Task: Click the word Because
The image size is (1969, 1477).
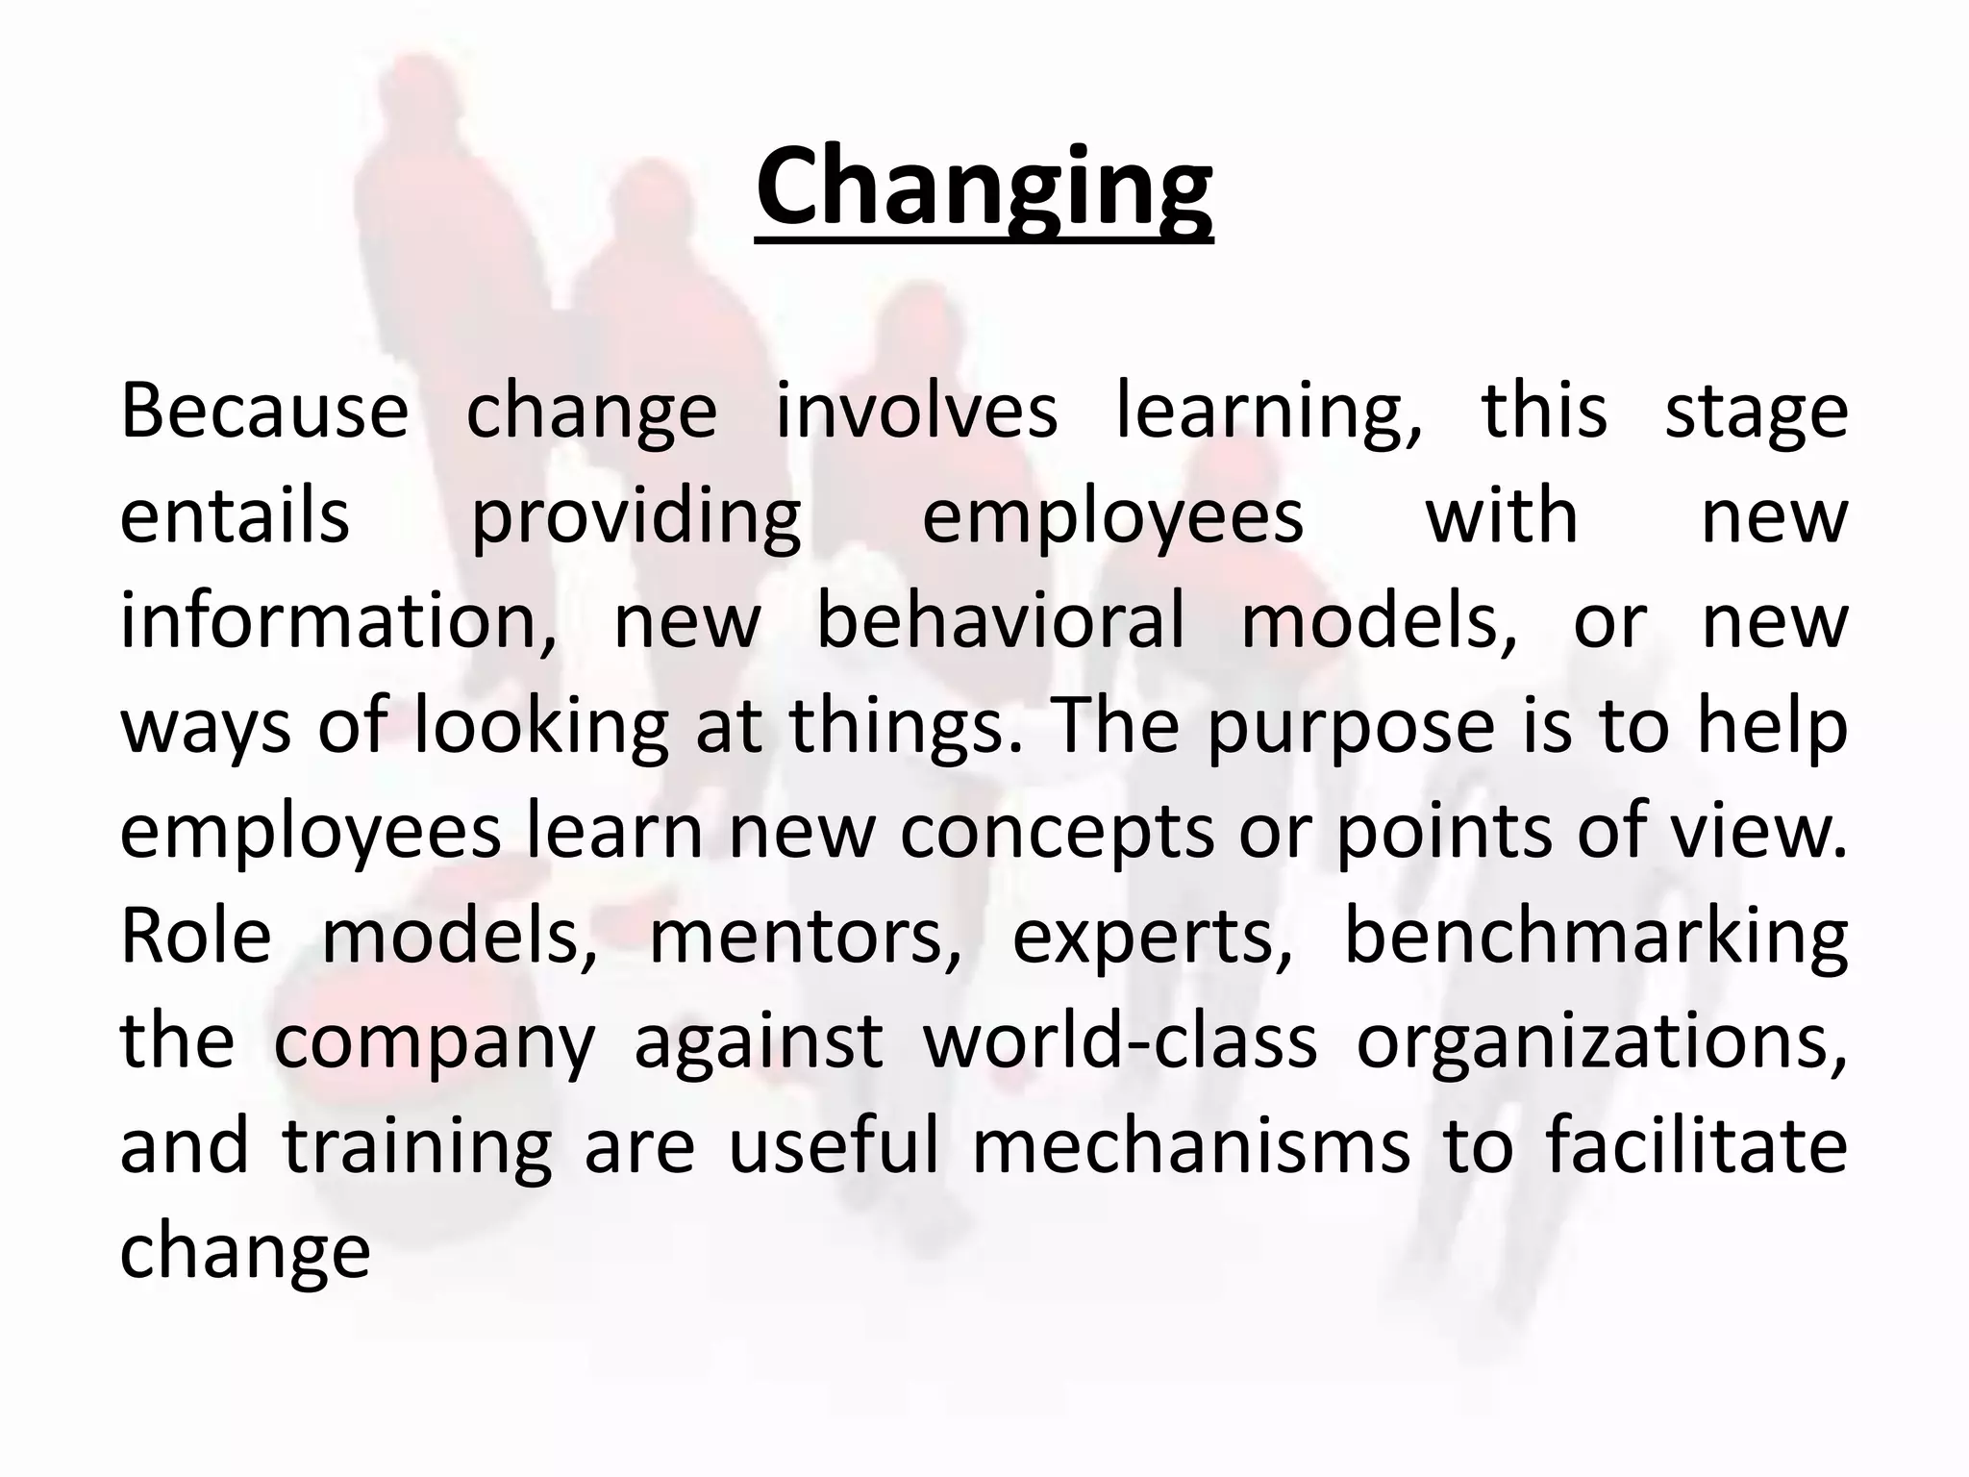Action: coord(264,412)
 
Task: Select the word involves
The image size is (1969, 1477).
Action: coord(916,412)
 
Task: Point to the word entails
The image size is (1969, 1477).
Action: coord(235,516)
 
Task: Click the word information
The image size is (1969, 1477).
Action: coord(337,622)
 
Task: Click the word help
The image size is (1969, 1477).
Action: coord(1772,727)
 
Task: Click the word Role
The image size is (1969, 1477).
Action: coord(196,936)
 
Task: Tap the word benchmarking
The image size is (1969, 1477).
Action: coord(1595,938)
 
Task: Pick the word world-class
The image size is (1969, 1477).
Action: coord(1120,1041)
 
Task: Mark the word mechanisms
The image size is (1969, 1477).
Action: coord(1191,1146)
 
